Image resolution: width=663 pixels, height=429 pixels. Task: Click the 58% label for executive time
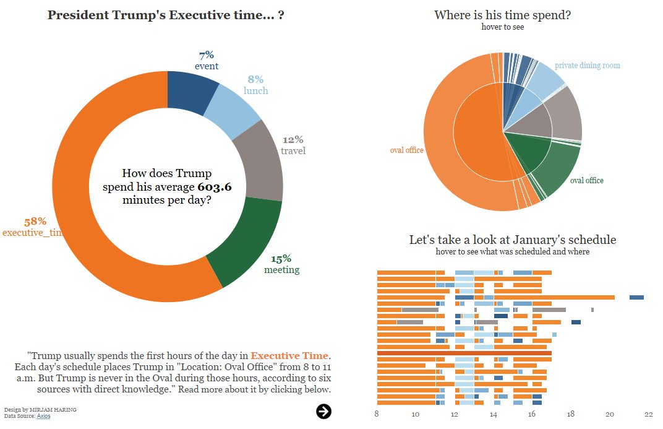35,222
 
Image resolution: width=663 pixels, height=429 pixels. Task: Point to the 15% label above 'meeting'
281,259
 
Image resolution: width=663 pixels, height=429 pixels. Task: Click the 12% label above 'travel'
293,140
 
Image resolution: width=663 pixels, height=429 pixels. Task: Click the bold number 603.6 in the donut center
215,187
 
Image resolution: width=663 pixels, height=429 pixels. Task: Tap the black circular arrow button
323,411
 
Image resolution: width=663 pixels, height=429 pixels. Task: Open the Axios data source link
43,416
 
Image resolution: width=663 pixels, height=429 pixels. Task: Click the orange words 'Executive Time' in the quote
289,356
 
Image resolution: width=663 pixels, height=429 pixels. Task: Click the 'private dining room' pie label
587,66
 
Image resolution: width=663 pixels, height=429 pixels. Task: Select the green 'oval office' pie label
586,181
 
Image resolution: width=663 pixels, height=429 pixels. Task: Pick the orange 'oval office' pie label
406,150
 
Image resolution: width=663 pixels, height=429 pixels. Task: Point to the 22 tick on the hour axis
648,415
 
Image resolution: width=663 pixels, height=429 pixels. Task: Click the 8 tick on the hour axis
377,415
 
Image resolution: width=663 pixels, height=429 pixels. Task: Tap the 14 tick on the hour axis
494,415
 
